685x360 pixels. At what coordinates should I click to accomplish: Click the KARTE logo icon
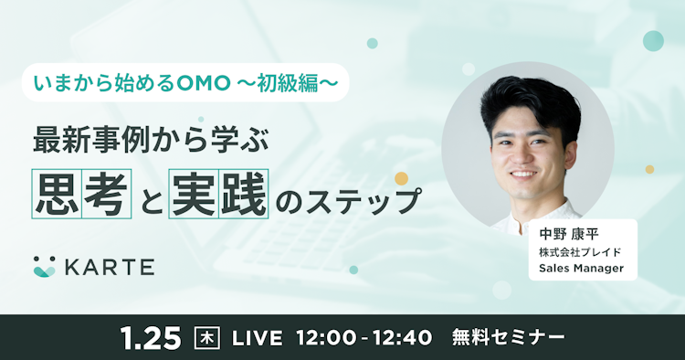[44, 266]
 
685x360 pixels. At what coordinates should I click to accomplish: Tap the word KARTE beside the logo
[109, 267]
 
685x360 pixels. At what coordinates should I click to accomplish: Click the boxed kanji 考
[108, 195]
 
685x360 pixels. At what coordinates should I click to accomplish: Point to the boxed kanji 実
[191, 195]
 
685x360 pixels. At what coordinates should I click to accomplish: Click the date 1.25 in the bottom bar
[151, 337]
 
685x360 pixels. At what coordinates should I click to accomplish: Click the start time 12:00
[325, 338]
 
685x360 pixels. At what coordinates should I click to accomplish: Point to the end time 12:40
[399, 338]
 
